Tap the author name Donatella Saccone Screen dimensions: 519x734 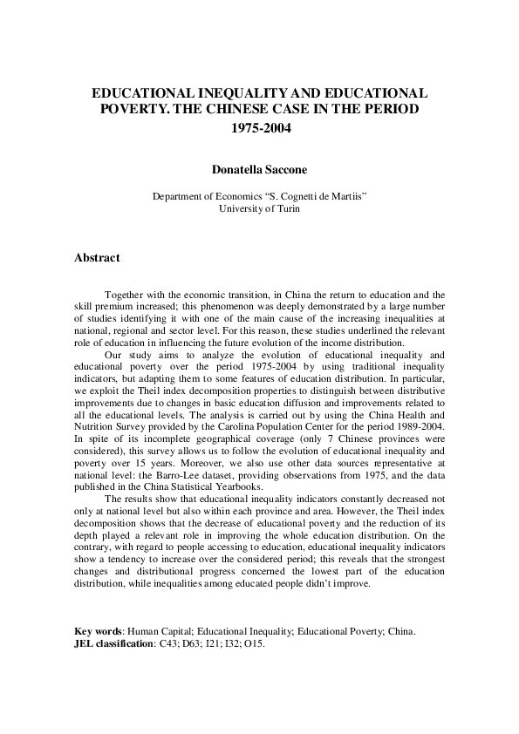[259, 172]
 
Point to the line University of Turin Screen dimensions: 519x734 [259, 209]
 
